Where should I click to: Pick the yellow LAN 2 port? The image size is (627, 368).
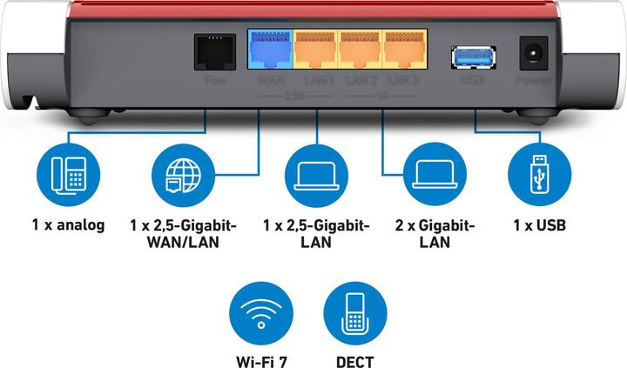pyautogui.click(x=361, y=49)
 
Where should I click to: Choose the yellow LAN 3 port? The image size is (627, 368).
pyautogui.click(x=406, y=49)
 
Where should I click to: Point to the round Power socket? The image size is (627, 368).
pyautogui.click(x=533, y=53)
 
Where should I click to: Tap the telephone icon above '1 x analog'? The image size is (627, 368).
pyautogui.click(x=68, y=175)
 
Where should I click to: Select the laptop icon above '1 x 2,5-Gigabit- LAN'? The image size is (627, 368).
pyautogui.click(x=317, y=175)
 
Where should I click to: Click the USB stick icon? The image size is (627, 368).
pyautogui.click(x=539, y=175)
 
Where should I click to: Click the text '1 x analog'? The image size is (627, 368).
pyautogui.click(x=68, y=225)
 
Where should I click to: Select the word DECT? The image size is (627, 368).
pyautogui.click(x=354, y=358)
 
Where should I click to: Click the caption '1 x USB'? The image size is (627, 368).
pyautogui.click(x=539, y=225)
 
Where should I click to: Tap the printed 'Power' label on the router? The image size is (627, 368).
pyautogui.click(x=533, y=81)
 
